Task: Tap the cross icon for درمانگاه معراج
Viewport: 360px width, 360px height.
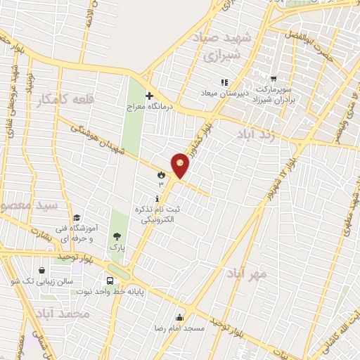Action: coord(148,96)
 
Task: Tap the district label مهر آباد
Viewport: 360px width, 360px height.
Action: coord(246,272)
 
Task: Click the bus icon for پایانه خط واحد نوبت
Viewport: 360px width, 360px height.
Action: coord(110,278)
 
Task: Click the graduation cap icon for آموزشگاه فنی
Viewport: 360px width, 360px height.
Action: coord(77,217)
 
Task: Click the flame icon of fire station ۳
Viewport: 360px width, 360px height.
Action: coord(161,174)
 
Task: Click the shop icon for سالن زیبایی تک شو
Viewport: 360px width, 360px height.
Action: coord(42,270)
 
